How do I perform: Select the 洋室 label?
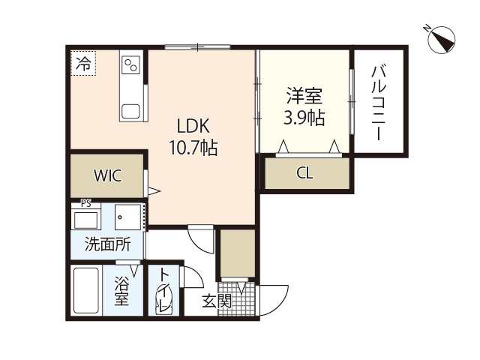[x=304, y=96]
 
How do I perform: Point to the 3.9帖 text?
[x=304, y=118]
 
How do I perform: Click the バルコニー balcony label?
[x=379, y=103]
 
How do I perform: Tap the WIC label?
[x=106, y=175]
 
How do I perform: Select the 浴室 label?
[x=121, y=291]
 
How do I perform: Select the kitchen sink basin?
[x=130, y=112]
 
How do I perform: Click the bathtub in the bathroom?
[x=88, y=291]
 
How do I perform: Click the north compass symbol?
[x=440, y=39]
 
